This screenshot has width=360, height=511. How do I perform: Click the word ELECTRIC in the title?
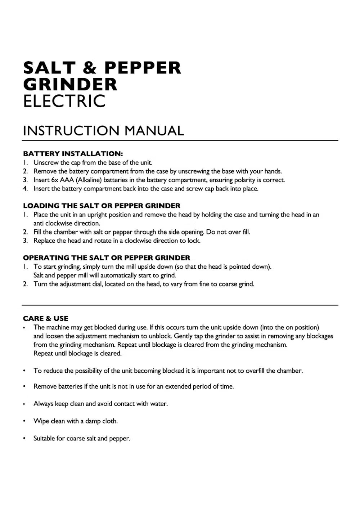[x=64, y=101]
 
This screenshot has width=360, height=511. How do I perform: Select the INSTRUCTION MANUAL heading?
[x=103, y=130]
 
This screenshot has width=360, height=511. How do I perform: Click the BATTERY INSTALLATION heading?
[x=73, y=154]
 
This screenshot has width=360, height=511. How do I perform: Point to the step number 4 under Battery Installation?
[x=25, y=189]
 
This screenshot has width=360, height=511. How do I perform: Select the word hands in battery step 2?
[x=273, y=171]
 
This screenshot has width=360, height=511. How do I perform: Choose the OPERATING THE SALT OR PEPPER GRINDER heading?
[x=107, y=258]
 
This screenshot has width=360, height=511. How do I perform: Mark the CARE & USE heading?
[x=45, y=318]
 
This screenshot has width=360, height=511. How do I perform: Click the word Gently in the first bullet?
[x=183, y=336]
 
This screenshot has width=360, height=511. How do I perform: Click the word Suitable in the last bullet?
[x=44, y=438]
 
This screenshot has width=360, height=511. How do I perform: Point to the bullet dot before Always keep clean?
[x=24, y=404]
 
